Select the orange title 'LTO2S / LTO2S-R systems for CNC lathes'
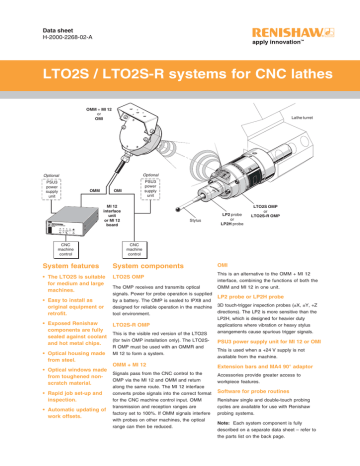tap(179, 76)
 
